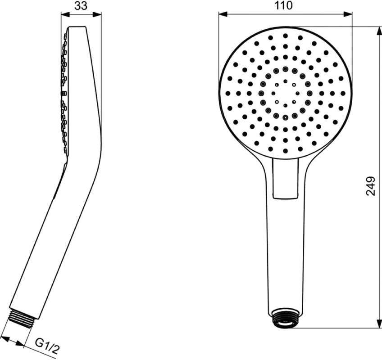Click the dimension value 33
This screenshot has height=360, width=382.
81,6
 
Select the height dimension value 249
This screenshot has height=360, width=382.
371,185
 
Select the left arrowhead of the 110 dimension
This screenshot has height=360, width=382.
222,14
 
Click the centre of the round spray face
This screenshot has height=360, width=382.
285,93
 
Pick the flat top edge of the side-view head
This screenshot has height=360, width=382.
77,27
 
